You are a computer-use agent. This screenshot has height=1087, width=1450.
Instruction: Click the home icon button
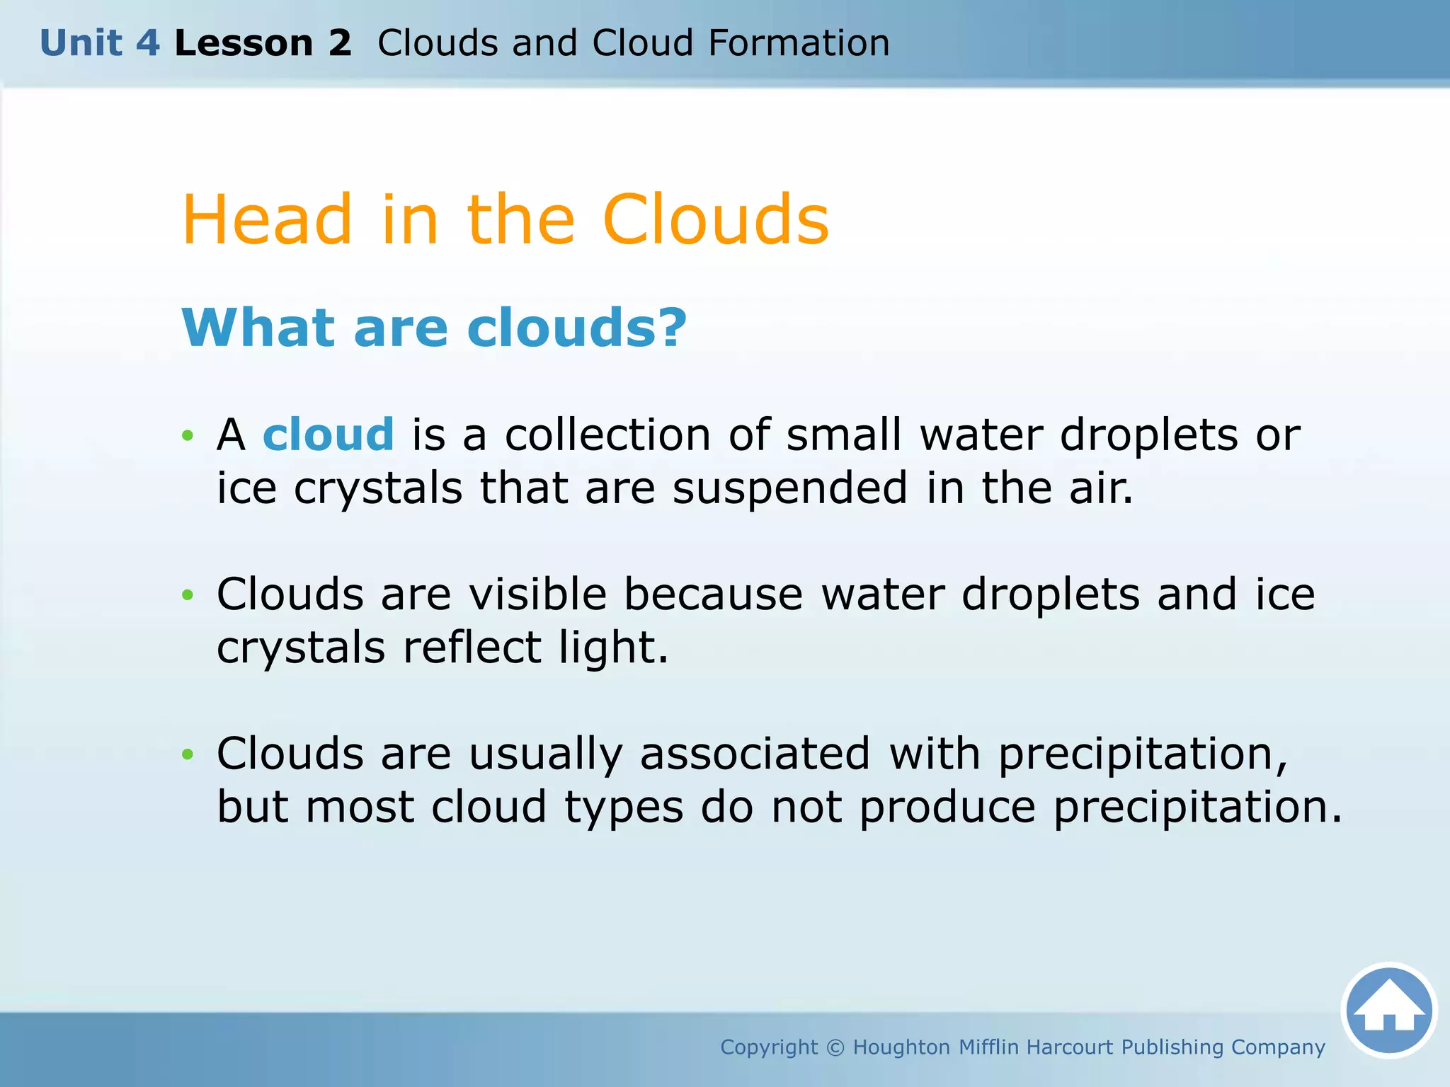1388,1010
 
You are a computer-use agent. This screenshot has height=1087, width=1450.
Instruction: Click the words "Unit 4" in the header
100,43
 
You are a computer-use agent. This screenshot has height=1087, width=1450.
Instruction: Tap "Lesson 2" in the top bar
263,43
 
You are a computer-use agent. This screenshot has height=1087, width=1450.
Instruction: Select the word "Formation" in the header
799,43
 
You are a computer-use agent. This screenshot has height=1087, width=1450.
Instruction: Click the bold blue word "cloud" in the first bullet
328,434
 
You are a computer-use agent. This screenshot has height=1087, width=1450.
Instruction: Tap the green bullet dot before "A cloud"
188,435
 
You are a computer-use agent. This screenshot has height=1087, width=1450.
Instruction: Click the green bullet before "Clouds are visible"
188,594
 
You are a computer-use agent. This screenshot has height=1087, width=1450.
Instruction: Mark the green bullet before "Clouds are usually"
188,754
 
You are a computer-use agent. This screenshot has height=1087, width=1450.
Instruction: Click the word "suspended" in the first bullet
789,488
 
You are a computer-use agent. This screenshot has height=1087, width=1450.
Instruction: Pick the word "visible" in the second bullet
538,594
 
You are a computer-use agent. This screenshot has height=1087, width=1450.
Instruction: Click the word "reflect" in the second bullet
472,647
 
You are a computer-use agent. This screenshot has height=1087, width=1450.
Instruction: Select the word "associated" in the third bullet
755,753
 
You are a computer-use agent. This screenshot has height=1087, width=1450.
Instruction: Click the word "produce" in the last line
947,806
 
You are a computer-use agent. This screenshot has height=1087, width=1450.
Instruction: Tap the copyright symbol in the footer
835,1047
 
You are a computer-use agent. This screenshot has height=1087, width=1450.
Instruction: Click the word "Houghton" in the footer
901,1047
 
